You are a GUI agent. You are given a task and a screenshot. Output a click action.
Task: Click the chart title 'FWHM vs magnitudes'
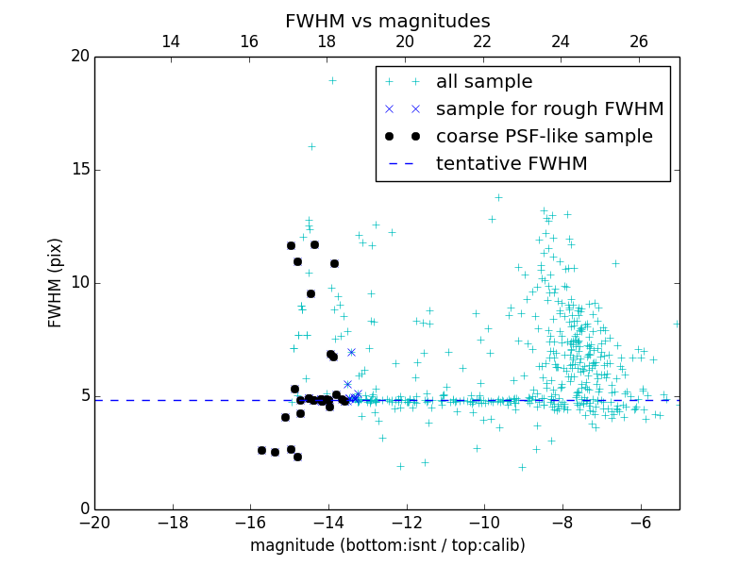[387, 21]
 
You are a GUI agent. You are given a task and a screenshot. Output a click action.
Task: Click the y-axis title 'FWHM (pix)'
[56, 283]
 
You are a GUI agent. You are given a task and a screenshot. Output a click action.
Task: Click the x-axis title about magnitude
[387, 545]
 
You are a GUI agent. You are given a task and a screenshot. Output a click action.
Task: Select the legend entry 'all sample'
[484, 82]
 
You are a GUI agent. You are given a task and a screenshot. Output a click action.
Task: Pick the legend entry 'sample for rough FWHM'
[549, 109]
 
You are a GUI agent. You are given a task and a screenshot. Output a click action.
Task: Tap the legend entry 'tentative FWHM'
[512, 163]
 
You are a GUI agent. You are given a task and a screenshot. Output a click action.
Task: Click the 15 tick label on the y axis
[79, 170]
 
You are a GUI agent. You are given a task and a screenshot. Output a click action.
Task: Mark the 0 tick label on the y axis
[84, 509]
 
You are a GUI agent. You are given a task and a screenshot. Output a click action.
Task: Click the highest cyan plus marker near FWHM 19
[332, 80]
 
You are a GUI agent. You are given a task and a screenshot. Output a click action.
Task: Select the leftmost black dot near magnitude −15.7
[261, 450]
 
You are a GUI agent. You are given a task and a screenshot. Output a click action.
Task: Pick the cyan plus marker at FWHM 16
[311, 146]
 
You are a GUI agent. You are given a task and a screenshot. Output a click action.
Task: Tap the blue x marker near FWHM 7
[351, 352]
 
